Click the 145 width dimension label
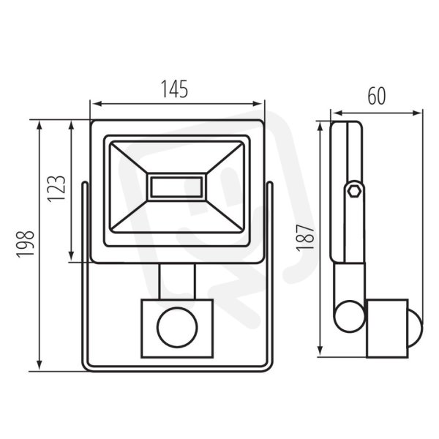(x=174, y=89)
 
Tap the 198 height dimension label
(x=26, y=244)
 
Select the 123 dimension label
(x=56, y=189)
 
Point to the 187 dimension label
(x=305, y=238)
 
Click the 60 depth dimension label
(x=377, y=96)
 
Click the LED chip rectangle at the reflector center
(x=176, y=187)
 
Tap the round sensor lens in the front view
(x=177, y=327)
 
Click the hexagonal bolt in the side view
(x=354, y=192)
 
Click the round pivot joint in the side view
(x=350, y=316)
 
